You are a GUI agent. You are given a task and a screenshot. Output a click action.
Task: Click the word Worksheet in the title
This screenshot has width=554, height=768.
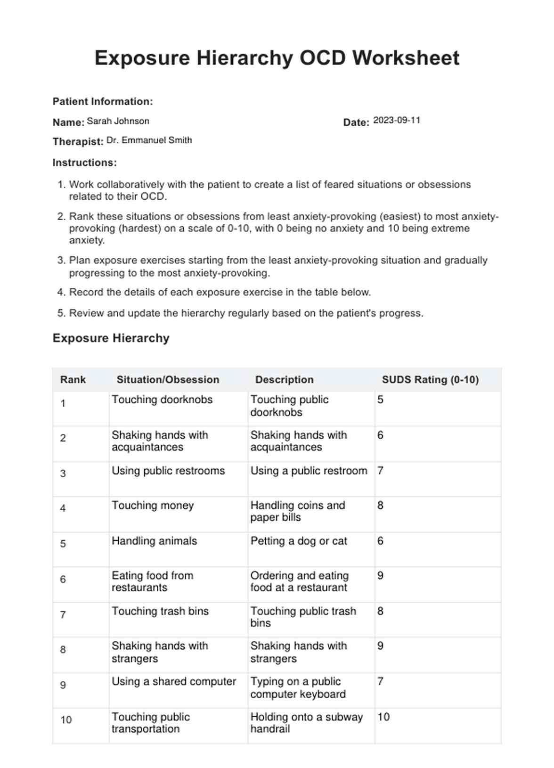pyautogui.click(x=406, y=58)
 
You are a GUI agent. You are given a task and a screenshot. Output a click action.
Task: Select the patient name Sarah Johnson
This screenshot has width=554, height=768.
pyautogui.click(x=118, y=121)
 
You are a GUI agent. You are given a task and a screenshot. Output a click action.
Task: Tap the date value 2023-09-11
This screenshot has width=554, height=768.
pyautogui.click(x=396, y=120)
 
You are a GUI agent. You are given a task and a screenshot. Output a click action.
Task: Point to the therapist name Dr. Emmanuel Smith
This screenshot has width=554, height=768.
pyautogui.click(x=149, y=140)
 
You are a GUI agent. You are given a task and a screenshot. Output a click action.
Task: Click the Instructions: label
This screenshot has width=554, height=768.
pyautogui.click(x=84, y=163)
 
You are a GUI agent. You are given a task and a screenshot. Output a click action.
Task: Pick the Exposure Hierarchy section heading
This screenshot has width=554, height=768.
pyautogui.click(x=111, y=338)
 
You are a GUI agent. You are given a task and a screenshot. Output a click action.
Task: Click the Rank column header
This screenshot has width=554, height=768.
pyautogui.click(x=73, y=379)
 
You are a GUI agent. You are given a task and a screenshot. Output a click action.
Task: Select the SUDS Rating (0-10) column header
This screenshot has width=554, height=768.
pyautogui.click(x=430, y=379)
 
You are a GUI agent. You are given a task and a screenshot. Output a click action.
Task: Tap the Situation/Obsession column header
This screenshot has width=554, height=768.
pyautogui.click(x=168, y=379)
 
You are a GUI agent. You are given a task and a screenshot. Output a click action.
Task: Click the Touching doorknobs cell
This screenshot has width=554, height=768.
pyautogui.click(x=162, y=400)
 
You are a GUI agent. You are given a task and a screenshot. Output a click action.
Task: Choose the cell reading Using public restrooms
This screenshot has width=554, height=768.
pyautogui.click(x=168, y=470)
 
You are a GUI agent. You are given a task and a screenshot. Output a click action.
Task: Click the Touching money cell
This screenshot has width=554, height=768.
pyautogui.click(x=153, y=505)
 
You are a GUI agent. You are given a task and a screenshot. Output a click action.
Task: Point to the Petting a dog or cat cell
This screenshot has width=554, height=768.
pyautogui.click(x=299, y=541)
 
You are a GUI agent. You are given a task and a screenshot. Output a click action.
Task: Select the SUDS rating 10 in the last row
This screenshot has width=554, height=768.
pyautogui.click(x=383, y=717)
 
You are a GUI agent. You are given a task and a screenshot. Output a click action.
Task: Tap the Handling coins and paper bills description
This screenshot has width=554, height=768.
pyautogui.click(x=298, y=511)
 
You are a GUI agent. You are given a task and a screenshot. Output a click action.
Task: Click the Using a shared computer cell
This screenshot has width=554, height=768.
pyautogui.click(x=174, y=681)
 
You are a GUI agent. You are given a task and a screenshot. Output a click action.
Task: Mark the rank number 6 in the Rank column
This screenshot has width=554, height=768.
pyautogui.click(x=63, y=579)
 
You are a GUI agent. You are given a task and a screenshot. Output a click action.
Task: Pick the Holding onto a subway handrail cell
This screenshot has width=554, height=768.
pyautogui.click(x=306, y=723)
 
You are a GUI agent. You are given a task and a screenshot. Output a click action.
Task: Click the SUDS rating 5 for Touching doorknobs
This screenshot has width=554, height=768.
pyautogui.click(x=380, y=400)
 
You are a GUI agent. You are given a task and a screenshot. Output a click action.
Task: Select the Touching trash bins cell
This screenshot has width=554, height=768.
pyautogui.click(x=160, y=611)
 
